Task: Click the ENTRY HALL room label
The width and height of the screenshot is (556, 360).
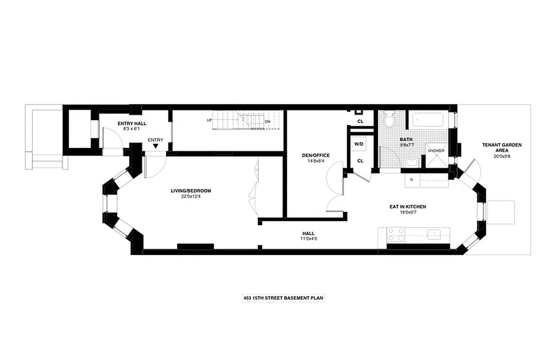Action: click(x=132, y=123)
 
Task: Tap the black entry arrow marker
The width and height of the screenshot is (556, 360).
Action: click(x=156, y=146)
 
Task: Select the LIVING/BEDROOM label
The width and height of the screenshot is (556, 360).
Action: click(x=191, y=191)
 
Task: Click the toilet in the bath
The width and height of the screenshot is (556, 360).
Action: click(x=390, y=120)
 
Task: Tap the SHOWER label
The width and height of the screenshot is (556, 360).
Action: click(x=436, y=151)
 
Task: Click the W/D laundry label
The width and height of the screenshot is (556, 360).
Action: click(x=359, y=144)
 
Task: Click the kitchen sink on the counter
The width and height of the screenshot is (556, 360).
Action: click(x=434, y=234)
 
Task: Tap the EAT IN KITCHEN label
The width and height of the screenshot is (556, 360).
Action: click(x=408, y=207)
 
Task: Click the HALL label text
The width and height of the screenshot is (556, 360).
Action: click(x=308, y=233)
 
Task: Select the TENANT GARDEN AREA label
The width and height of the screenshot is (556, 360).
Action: click(x=496, y=148)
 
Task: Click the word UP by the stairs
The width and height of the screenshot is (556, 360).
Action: click(x=209, y=120)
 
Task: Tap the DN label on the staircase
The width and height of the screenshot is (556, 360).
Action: click(x=267, y=121)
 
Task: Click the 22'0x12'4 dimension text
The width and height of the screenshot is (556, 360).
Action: click(x=191, y=196)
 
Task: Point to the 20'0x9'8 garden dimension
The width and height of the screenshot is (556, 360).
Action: click(x=496, y=157)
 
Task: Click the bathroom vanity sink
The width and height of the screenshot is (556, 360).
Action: click(x=412, y=162)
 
